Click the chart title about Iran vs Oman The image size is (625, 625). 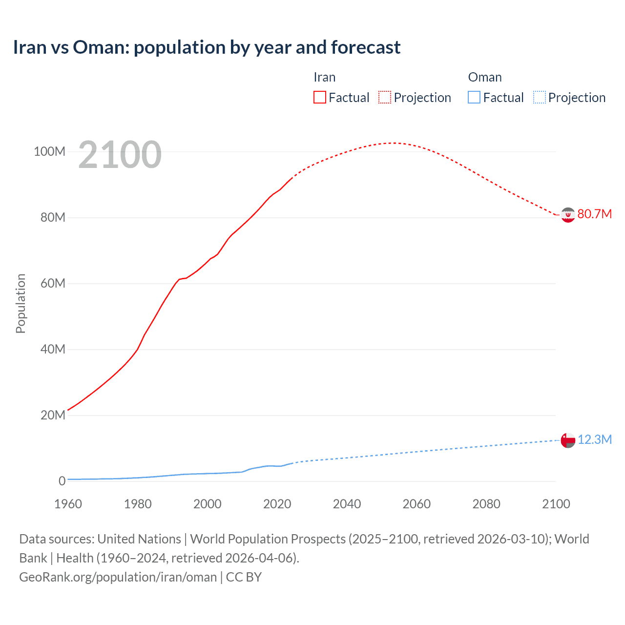207,47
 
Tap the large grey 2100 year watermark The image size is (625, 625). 120,155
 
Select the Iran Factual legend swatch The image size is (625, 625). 319,98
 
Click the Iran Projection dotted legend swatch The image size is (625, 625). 385,98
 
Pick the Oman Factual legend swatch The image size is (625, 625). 474,98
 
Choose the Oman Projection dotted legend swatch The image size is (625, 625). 540,98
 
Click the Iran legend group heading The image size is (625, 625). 324,77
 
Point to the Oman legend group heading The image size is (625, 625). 484,77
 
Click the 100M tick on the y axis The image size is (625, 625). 49,151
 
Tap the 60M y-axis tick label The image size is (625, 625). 52,283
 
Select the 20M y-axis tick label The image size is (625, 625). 52,415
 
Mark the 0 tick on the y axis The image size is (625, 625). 62,481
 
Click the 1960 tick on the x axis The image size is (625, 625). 68,504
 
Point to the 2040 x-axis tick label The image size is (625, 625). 347,504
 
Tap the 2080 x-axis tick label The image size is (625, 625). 486,504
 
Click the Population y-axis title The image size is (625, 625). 21,303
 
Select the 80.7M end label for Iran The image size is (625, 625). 594,214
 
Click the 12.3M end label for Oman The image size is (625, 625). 594,440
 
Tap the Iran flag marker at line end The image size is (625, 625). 568,215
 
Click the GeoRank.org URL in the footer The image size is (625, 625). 118,577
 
